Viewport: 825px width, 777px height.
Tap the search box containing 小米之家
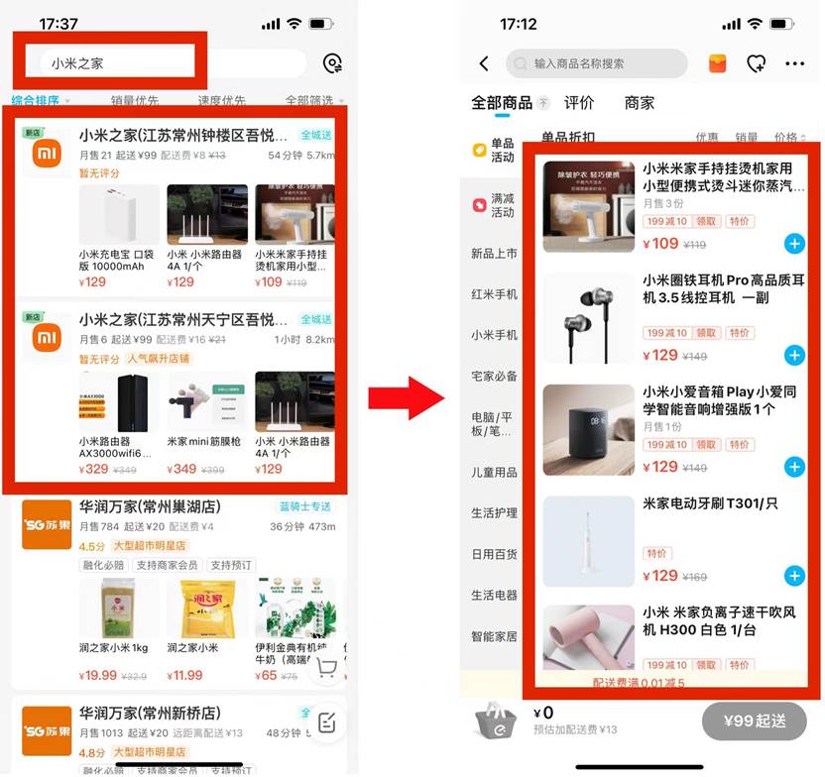pyautogui.click(x=119, y=63)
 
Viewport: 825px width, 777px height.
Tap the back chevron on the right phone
pyautogui.click(x=484, y=64)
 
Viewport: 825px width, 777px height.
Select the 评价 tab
pyautogui.click(x=579, y=103)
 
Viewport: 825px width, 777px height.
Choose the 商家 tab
pyautogui.click(x=640, y=103)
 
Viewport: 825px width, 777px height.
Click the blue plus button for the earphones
pyautogui.click(x=794, y=355)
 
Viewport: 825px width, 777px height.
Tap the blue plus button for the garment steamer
pyautogui.click(x=794, y=243)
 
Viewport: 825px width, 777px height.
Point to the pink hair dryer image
pyautogui.click(x=588, y=644)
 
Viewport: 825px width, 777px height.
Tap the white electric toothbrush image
pyautogui.click(x=588, y=541)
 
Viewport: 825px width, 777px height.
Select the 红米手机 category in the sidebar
pyautogui.click(x=494, y=294)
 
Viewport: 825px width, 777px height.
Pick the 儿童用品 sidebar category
pyautogui.click(x=494, y=473)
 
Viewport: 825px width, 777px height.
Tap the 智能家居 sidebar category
pyautogui.click(x=494, y=636)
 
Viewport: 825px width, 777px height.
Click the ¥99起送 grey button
pyautogui.click(x=754, y=721)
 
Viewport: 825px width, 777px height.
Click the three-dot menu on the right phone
pyautogui.click(x=795, y=64)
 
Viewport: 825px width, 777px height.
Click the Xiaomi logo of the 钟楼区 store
pyautogui.click(x=48, y=155)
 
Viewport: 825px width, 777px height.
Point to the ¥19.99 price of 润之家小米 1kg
pyautogui.click(x=99, y=676)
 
